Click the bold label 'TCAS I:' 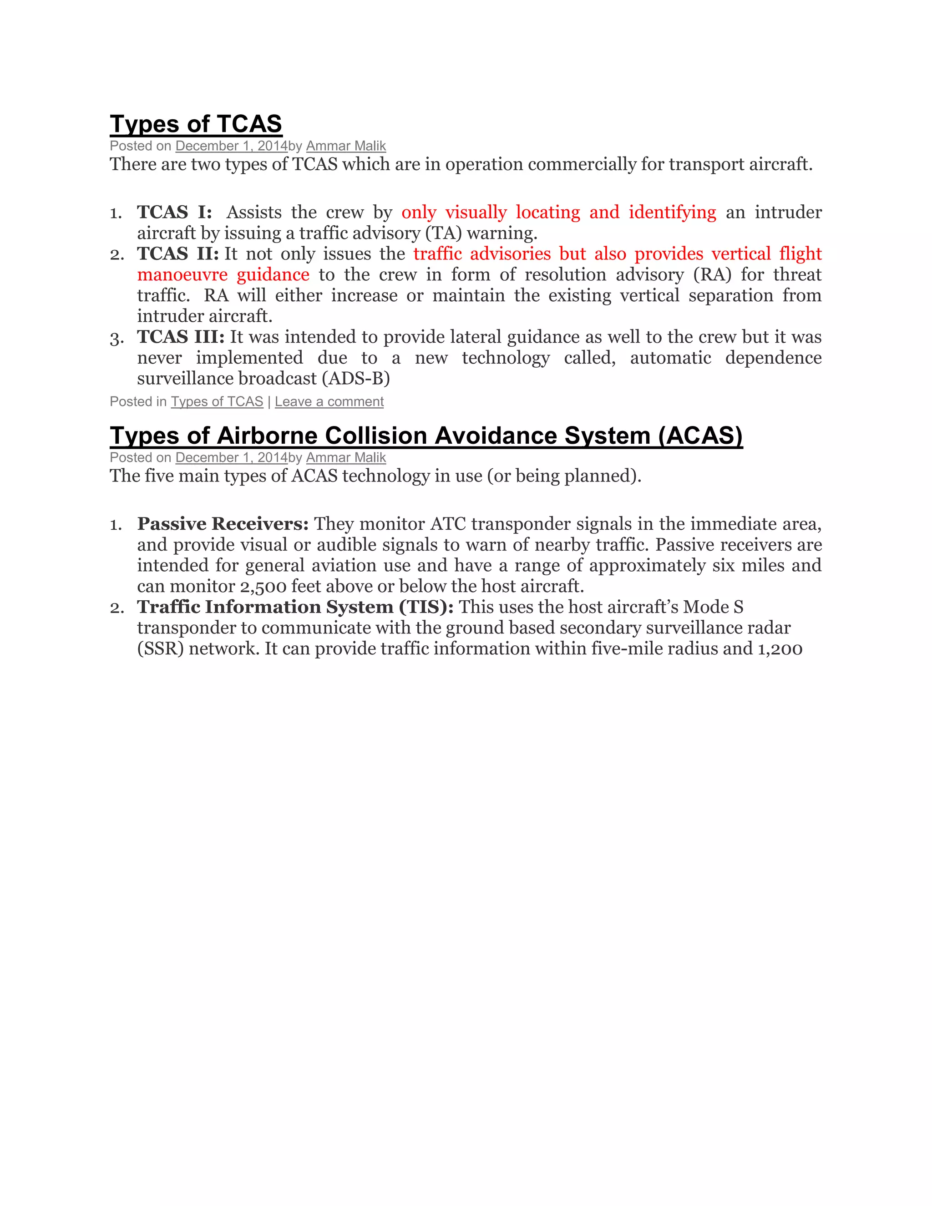[x=174, y=212]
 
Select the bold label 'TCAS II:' [x=178, y=253]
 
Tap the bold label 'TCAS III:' [x=181, y=337]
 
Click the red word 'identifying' [x=672, y=212]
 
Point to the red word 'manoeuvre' [x=182, y=274]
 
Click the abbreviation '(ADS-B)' [x=359, y=378]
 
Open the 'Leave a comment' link [x=329, y=401]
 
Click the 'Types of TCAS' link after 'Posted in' [x=217, y=401]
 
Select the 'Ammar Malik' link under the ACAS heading [x=346, y=457]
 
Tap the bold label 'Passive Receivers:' [x=223, y=523]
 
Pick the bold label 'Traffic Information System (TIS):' [x=295, y=607]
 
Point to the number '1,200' [x=780, y=648]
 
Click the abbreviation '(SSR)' [x=160, y=648]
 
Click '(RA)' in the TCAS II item [x=712, y=274]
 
